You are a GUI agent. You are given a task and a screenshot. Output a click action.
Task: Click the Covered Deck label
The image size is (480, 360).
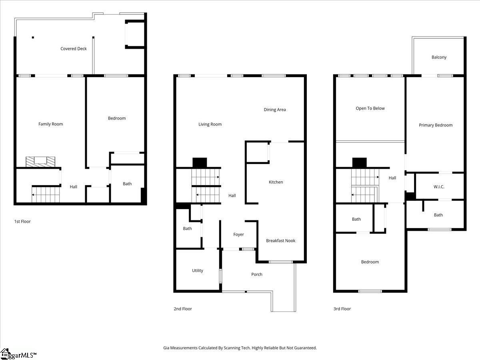point(74,49)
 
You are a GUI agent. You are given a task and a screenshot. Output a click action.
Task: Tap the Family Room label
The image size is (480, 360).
point(50,124)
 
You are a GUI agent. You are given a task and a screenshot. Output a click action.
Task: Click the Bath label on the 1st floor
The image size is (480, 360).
point(127,184)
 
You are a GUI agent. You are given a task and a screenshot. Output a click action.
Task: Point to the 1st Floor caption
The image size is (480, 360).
point(22,222)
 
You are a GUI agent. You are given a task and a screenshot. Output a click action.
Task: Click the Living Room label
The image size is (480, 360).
point(210,124)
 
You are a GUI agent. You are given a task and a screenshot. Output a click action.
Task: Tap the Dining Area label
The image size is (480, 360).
point(275,110)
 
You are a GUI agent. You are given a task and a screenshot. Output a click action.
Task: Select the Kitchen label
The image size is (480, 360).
point(276,182)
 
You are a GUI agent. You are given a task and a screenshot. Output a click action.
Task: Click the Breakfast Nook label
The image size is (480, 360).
point(281,241)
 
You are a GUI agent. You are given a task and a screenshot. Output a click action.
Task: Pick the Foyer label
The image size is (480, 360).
point(238,235)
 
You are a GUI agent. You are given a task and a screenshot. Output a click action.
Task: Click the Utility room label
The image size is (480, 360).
point(198,271)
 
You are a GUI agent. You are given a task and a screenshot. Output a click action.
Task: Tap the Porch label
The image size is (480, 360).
point(257,274)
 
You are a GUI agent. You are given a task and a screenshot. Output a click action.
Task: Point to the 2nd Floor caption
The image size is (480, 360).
point(183,309)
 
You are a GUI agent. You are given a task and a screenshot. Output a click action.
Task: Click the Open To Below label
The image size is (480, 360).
point(370,108)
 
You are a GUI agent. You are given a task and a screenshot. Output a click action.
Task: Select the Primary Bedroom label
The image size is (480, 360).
point(436,125)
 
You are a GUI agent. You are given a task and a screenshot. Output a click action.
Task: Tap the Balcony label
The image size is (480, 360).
point(439,57)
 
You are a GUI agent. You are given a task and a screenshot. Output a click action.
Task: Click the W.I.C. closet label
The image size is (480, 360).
point(439,187)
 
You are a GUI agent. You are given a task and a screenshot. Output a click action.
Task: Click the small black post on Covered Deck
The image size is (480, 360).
point(33,38)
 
